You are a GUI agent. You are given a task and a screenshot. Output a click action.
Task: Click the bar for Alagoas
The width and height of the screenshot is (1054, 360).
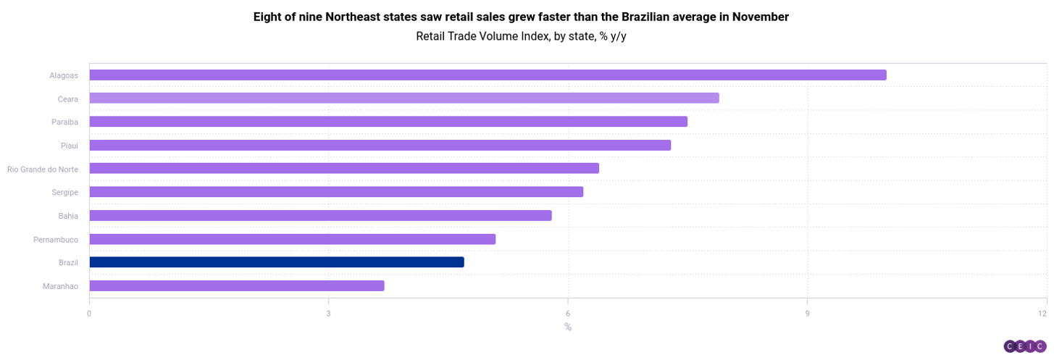click(488, 75)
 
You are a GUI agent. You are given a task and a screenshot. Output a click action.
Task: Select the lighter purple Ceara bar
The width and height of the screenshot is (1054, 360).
click(403, 98)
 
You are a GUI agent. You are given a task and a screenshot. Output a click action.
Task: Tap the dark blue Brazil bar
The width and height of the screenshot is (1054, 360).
click(276, 262)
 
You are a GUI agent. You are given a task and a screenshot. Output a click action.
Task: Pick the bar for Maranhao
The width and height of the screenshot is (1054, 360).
click(236, 285)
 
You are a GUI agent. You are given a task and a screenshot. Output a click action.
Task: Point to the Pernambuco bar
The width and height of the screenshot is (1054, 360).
click(292, 239)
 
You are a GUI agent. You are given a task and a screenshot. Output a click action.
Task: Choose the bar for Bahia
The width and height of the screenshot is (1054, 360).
click(320, 215)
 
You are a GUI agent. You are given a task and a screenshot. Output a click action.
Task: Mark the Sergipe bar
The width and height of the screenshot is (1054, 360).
click(336, 192)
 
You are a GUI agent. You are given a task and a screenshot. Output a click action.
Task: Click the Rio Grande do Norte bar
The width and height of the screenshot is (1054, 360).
click(344, 168)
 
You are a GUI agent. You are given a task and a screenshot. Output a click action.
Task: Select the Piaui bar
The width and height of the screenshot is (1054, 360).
click(380, 145)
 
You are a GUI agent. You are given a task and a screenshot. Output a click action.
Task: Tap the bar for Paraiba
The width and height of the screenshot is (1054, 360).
click(388, 122)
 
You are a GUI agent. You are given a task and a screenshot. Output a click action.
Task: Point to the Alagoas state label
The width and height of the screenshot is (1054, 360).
click(64, 75)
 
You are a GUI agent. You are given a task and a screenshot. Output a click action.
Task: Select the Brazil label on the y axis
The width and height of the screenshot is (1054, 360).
click(68, 262)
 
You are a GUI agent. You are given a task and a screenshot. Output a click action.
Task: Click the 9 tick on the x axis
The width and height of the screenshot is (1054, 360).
click(807, 314)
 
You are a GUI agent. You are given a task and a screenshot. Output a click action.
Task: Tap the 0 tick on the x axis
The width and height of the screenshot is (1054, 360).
click(89, 314)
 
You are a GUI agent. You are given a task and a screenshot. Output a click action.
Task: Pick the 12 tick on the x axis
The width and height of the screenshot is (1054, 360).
click(1042, 314)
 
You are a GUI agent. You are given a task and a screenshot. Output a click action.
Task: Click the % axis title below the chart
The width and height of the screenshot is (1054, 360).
click(568, 327)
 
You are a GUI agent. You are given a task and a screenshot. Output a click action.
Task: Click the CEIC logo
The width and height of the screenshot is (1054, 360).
click(1024, 346)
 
